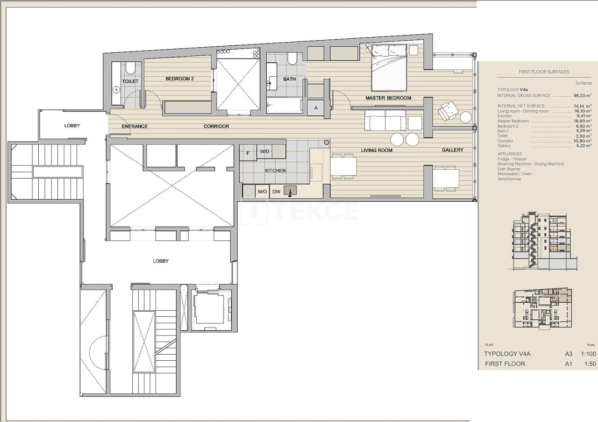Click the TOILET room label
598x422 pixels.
(130, 81)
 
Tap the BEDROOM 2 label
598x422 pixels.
(179, 79)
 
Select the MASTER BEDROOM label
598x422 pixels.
(388, 98)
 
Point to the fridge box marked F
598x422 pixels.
(248, 152)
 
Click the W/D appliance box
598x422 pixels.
(265, 152)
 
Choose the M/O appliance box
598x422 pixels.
(262, 192)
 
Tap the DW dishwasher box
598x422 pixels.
(276, 192)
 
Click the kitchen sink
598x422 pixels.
(291, 191)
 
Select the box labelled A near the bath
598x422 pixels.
(316, 108)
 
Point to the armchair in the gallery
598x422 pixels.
(448, 111)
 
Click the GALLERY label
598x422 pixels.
(453, 150)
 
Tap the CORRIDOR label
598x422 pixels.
(216, 127)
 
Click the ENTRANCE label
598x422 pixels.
(135, 127)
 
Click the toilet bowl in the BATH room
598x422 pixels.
(292, 58)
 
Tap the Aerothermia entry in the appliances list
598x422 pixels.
(509, 179)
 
